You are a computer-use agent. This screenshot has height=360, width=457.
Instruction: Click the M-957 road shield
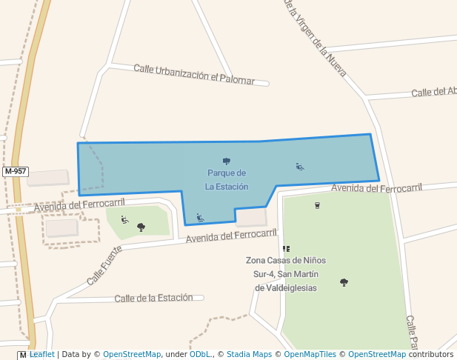(x=15, y=171)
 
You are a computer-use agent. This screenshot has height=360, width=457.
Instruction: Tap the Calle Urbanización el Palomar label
(x=194, y=75)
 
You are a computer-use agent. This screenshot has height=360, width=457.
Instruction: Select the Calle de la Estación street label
(x=159, y=298)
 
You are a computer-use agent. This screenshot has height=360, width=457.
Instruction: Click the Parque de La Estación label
(x=227, y=180)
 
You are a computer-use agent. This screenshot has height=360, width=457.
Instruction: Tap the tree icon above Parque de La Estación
(x=227, y=161)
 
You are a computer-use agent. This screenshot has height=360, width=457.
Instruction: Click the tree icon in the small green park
(x=141, y=227)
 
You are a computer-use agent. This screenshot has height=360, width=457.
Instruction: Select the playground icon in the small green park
(x=124, y=219)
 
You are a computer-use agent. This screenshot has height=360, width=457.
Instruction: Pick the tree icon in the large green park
(x=344, y=282)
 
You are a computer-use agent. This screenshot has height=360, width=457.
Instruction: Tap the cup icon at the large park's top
(x=317, y=205)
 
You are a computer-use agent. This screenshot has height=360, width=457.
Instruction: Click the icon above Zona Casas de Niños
(x=286, y=249)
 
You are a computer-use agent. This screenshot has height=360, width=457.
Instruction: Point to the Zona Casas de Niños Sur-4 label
(x=286, y=274)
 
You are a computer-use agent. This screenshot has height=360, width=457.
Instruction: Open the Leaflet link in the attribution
(x=41, y=355)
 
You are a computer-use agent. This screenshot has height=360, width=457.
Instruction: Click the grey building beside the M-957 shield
(x=48, y=178)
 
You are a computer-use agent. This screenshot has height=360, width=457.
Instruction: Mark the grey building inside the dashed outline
(x=62, y=227)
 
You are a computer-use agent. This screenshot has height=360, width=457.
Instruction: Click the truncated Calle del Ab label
(x=434, y=92)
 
